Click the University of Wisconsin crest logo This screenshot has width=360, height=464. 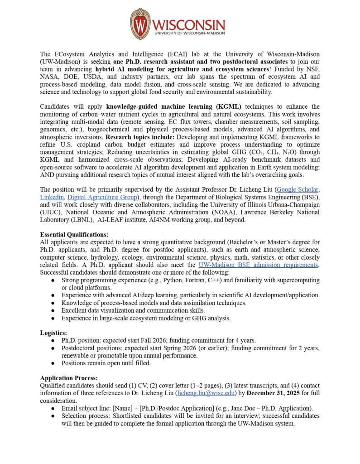tap(140, 24)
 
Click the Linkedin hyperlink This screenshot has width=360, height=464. tap(51, 197)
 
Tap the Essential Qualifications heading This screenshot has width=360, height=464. tap(74, 235)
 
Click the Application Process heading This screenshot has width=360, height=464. tap(69, 378)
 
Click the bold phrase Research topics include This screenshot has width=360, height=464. tap(142, 136)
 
